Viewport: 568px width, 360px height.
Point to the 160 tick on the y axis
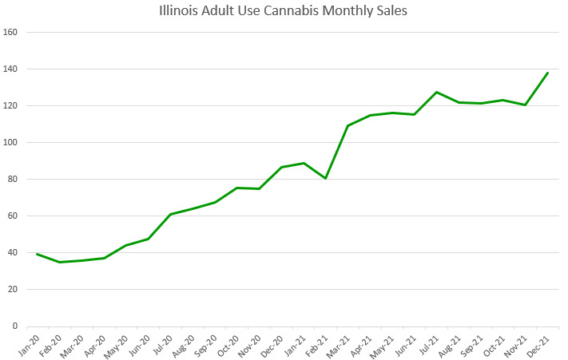click(x=11, y=33)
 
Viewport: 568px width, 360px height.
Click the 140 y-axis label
click(x=11, y=69)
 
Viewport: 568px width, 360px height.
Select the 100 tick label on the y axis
click(x=11, y=143)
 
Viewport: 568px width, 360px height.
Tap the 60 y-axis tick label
click(x=14, y=216)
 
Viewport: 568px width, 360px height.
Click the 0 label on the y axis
click(x=16, y=326)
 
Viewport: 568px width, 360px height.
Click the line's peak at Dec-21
click(x=547, y=73)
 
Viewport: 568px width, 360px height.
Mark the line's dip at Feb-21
click(x=325, y=178)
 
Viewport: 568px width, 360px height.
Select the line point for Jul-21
click(x=436, y=92)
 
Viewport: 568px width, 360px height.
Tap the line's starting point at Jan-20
click(x=37, y=254)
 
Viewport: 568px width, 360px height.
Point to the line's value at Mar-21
click(x=348, y=125)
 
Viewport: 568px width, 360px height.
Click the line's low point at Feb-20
click(x=59, y=262)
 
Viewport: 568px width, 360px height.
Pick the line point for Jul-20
click(x=170, y=214)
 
